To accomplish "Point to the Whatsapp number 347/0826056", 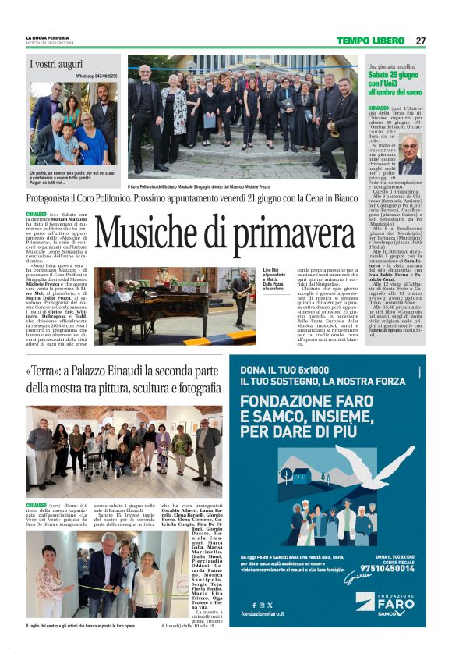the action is (x=97, y=76).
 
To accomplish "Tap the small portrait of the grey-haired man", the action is (x=411, y=155).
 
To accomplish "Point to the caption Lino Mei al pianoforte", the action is (x=274, y=272).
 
